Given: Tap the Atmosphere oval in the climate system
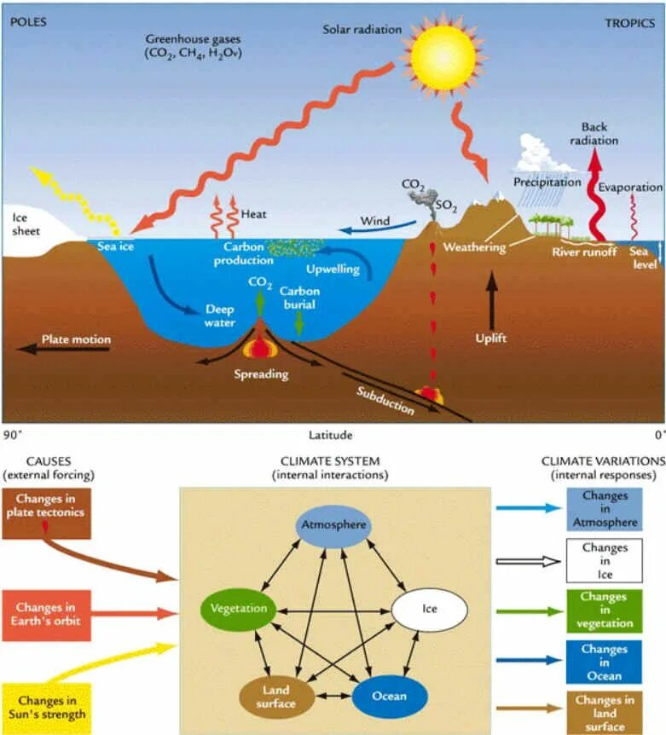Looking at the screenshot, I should tap(333, 524).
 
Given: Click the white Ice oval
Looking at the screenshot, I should tap(430, 610).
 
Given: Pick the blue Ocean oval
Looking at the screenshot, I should tap(388, 695).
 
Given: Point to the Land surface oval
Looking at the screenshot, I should tap(275, 696).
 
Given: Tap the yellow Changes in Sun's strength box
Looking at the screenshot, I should tap(46, 707).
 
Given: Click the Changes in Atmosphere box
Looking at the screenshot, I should tap(605, 508).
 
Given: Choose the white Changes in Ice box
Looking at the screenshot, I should tap(605, 560).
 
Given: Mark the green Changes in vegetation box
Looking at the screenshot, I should tap(605, 610).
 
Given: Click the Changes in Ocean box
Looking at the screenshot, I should tap(605, 662).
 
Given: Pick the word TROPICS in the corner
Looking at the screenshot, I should tap(630, 22).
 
